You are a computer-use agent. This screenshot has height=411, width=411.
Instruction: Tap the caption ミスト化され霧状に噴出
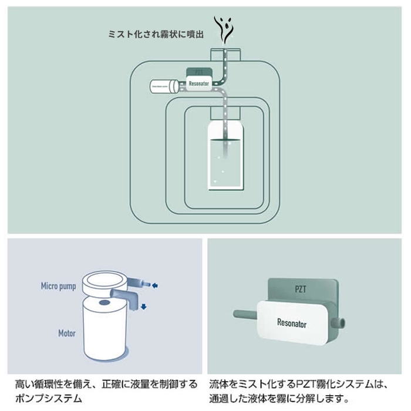coord(156,35)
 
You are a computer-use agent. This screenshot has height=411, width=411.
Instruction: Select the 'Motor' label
coord(66,333)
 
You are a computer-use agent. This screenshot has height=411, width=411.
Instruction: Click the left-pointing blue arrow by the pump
coord(156,287)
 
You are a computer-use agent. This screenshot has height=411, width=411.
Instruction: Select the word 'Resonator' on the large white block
coord(292,323)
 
